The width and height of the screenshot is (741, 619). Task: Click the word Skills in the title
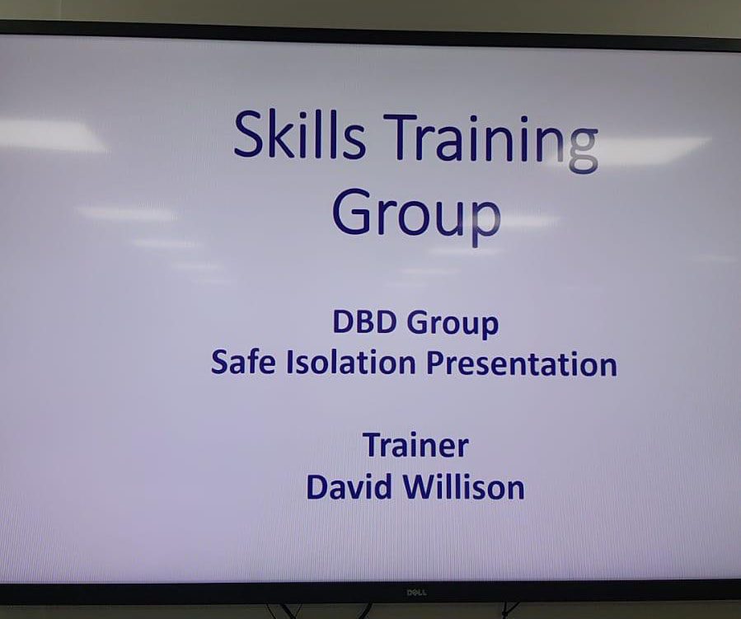click(x=299, y=134)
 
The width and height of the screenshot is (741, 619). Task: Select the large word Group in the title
click(x=416, y=214)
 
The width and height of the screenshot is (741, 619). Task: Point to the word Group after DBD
click(x=453, y=325)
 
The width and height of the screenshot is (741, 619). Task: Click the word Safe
click(x=243, y=363)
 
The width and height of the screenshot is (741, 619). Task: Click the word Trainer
click(x=416, y=446)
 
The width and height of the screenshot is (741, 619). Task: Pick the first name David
click(x=349, y=486)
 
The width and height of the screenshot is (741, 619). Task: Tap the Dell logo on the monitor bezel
click(x=417, y=592)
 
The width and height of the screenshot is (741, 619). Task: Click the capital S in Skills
click(x=250, y=134)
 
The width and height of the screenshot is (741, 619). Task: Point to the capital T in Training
click(x=398, y=136)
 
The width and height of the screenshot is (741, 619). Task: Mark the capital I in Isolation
click(x=289, y=363)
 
